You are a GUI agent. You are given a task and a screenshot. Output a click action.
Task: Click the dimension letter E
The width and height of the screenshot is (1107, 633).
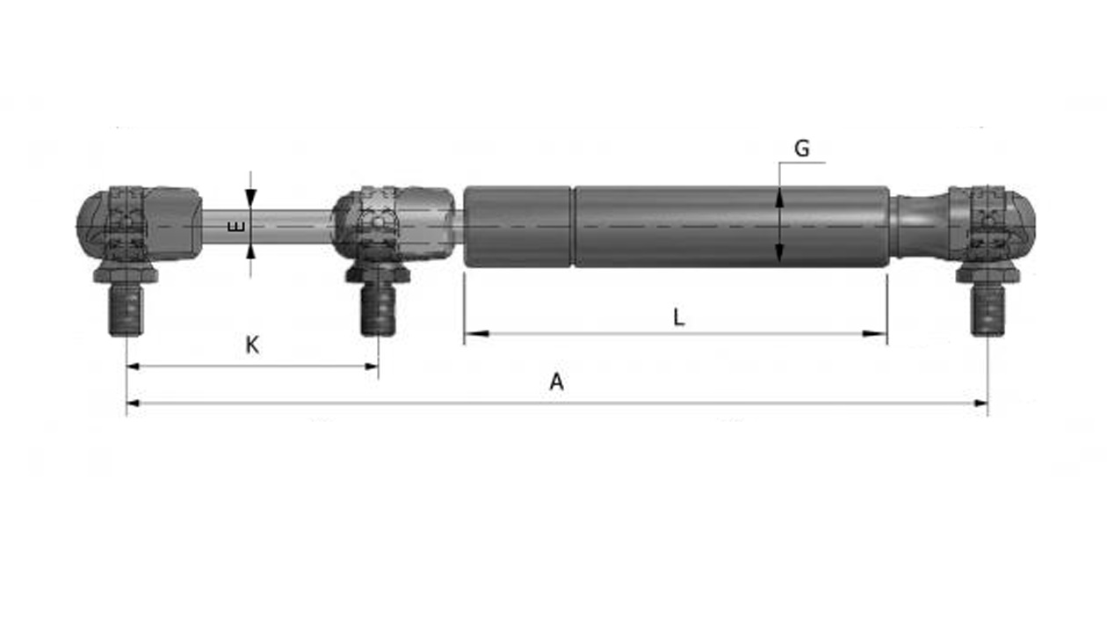[x=235, y=227]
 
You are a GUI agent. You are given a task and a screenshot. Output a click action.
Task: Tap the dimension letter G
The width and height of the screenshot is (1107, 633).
[x=801, y=149]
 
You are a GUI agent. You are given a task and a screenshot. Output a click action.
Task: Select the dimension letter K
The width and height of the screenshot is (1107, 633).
[x=251, y=346]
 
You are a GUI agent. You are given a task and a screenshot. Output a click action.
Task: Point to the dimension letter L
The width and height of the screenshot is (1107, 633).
[x=678, y=317]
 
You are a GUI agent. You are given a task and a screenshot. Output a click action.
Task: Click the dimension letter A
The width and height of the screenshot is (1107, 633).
[x=555, y=382]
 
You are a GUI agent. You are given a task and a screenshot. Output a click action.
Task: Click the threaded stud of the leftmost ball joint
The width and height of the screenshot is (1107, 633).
[x=127, y=310]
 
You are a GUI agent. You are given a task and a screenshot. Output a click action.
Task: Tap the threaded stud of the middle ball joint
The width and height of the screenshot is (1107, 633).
[x=379, y=310]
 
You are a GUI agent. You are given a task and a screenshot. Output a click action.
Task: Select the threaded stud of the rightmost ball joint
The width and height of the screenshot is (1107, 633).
[x=988, y=310]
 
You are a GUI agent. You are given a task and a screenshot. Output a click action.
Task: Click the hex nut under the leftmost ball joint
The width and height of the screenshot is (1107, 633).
[x=127, y=274]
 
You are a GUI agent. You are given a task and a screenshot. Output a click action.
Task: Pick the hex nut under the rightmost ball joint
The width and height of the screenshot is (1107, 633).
[x=988, y=274]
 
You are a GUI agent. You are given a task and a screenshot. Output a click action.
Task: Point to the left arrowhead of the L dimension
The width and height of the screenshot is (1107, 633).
[x=474, y=333]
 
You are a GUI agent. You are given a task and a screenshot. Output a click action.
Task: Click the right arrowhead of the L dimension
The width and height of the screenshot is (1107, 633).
[x=876, y=333]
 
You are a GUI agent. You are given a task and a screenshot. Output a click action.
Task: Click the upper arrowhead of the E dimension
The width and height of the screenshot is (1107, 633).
[x=250, y=200]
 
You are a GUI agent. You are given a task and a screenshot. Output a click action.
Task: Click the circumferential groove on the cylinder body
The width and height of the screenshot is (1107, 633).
[x=573, y=226]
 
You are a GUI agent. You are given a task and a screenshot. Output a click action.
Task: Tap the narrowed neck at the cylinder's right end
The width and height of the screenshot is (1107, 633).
[x=914, y=226]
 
